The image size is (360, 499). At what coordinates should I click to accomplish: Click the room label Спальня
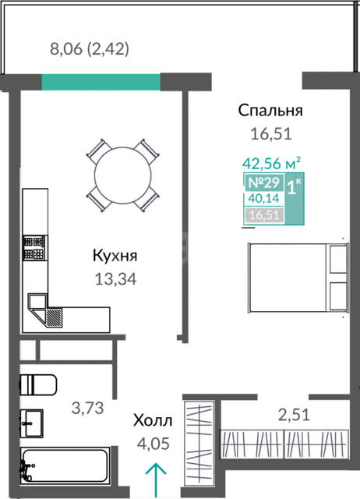click(x=270, y=111)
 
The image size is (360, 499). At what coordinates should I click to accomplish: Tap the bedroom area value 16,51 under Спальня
click(x=271, y=133)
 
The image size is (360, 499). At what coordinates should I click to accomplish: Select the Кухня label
click(x=115, y=256)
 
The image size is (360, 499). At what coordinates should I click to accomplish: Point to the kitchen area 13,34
click(x=116, y=279)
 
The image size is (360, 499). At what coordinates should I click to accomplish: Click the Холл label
click(x=153, y=420)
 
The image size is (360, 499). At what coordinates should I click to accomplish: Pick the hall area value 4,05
click(x=153, y=444)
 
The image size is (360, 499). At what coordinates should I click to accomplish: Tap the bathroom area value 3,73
click(x=88, y=408)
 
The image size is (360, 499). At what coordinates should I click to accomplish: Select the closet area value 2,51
click(x=294, y=415)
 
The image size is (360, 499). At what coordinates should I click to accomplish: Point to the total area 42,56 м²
click(x=272, y=164)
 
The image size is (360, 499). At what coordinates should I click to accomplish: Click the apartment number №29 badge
click(x=263, y=182)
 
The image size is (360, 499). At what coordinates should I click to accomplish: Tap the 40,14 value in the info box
click(x=263, y=199)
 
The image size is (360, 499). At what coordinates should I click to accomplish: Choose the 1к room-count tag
click(x=295, y=186)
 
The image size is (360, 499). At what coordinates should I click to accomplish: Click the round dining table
click(x=122, y=175)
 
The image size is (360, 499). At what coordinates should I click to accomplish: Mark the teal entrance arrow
click(x=156, y=480)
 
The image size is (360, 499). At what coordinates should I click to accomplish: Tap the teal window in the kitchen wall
click(x=101, y=82)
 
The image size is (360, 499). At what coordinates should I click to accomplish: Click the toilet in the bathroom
click(x=38, y=384)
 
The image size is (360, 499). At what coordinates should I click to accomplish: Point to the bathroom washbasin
click(x=31, y=423)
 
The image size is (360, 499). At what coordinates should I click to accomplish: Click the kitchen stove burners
click(x=34, y=248)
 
